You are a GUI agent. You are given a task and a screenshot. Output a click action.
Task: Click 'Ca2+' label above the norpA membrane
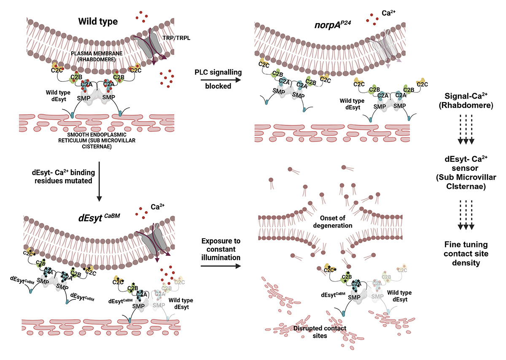382,19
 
